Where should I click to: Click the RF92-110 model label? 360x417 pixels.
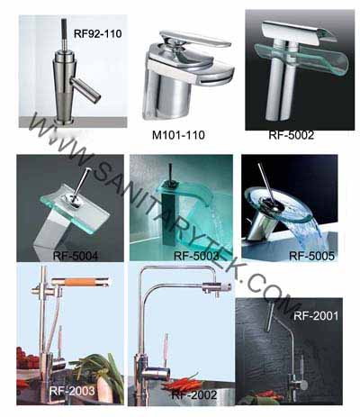point(98,33)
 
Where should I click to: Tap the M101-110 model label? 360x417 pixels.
point(178,135)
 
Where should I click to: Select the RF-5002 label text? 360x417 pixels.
point(292,135)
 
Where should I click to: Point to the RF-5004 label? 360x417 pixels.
point(76,256)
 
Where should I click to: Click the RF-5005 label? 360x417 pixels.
point(311,256)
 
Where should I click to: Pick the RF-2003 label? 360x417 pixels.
point(72,391)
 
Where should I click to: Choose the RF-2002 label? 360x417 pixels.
point(194,394)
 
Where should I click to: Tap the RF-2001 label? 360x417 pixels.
point(316,316)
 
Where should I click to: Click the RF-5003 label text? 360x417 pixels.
point(196,256)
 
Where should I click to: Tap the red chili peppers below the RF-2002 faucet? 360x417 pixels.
point(182,384)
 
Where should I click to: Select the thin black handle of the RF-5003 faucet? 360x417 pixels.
point(171,173)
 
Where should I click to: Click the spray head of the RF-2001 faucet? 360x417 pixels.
point(270,317)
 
